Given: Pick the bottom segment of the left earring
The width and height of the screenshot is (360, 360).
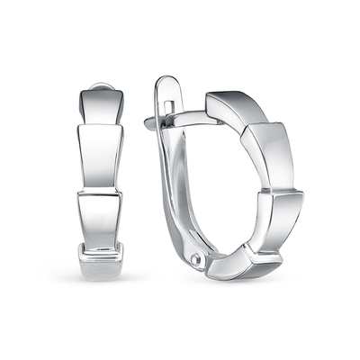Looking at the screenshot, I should [100, 261].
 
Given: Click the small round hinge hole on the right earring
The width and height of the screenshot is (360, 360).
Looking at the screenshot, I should [195, 260].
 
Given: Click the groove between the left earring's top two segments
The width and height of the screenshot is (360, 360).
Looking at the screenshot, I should [99, 125].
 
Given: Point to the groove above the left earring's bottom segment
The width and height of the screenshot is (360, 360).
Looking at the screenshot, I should [100, 244].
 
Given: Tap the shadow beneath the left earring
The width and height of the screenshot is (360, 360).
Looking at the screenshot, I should [100, 281].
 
